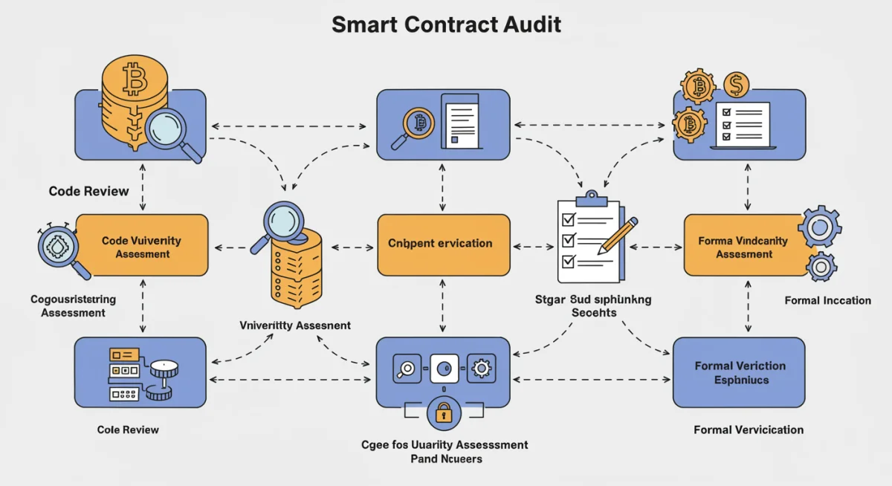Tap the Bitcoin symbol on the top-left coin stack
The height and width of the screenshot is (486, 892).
click(134, 80)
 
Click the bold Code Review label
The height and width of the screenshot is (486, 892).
click(88, 191)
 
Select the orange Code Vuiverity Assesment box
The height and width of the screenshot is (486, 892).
click(141, 246)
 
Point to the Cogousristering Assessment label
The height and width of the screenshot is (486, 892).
click(73, 306)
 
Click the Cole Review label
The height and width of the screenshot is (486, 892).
click(128, 430)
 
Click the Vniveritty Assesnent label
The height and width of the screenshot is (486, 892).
click(295, 325)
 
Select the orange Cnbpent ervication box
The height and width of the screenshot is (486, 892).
click(443, 244)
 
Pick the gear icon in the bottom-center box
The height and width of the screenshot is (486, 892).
click(481, 368)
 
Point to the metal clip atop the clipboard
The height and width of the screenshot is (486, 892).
click(592, 198)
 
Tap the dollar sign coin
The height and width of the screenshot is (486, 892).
click(736, 85)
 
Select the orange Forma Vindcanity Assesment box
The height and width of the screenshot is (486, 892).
click(745, 246)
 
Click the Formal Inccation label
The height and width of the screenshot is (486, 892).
click(827, 300)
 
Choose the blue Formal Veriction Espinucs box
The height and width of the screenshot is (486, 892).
click(739, 372)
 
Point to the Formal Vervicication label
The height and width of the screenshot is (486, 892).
click(748, 430)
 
